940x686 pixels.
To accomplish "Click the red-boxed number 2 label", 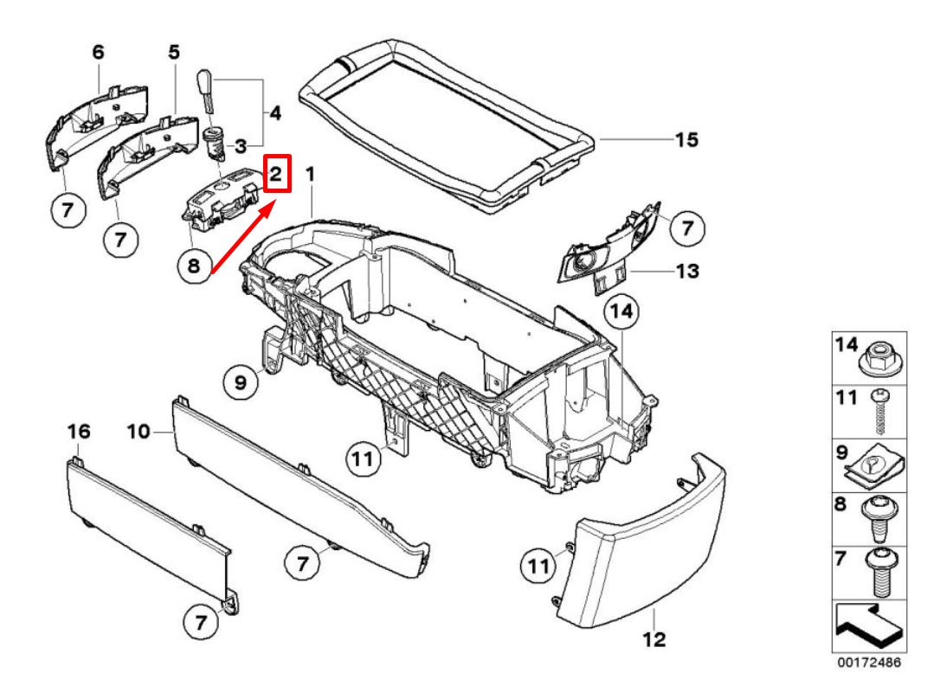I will (x=276, y=174).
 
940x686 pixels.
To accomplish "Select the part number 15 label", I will (x=686, y=139).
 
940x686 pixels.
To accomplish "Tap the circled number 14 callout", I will (x=621, y=312).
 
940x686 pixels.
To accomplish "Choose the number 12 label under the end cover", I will (x=654, y=640).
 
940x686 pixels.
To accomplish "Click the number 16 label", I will (x=79, y=431).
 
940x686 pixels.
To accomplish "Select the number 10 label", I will (x=138, y=431).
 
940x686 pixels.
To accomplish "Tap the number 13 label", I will (x=686, y=272).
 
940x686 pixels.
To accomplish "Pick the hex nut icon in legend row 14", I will (x=881, y=357).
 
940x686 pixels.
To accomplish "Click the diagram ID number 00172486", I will (x=868, y=663).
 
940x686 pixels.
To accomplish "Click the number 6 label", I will (x=99, y=53).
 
